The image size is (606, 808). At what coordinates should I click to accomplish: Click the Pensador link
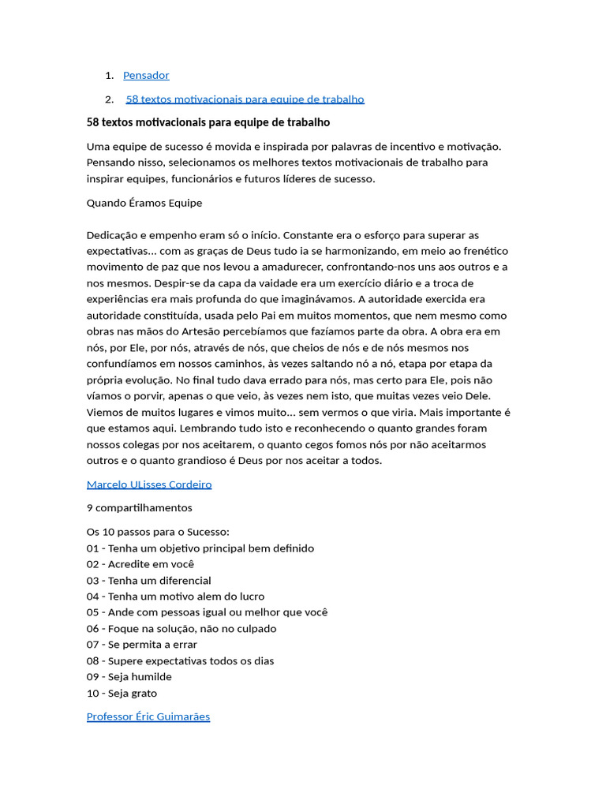coord(146,76)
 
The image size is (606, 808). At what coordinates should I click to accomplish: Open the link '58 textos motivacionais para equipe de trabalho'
coord(245,99)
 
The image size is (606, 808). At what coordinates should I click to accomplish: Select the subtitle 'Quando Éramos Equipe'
coord(144,203)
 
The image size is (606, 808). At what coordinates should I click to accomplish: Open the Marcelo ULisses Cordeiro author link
coord(148,484)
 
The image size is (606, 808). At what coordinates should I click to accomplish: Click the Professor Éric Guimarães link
coord(148,716)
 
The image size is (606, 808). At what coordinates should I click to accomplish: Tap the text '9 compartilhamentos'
coord(139,507)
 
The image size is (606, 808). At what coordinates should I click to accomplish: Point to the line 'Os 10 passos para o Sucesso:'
coord(158,532)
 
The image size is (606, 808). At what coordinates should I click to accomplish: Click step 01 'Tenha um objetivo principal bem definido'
coord(200,548)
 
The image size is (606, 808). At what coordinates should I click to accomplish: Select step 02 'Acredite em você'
coord(140,564)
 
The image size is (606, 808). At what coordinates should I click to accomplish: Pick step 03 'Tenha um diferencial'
coord(148,581)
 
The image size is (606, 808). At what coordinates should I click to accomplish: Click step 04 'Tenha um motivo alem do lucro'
coord(175,597)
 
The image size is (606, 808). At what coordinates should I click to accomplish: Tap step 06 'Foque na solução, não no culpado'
coord(181,629)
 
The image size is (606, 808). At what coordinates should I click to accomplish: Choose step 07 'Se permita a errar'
coord(141,645)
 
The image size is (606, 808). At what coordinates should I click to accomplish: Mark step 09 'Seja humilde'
coord(129,677)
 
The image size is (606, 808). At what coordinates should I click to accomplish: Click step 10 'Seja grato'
coord(122,694)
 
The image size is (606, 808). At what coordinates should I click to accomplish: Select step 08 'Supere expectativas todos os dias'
coord(180,661)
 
